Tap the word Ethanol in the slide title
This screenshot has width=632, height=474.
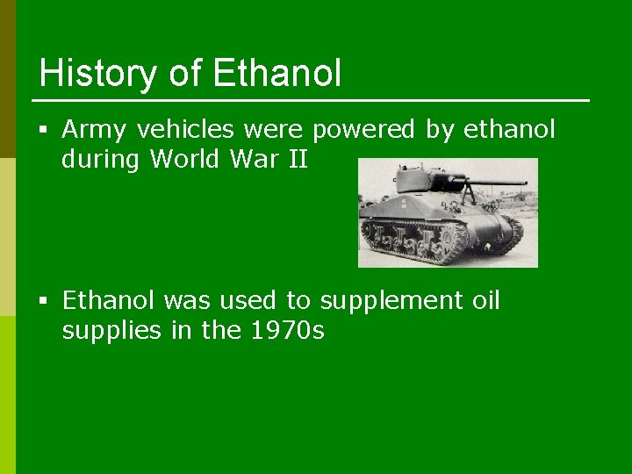click(x=276, y=73)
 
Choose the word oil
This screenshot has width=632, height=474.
click(x=485, y=301)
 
